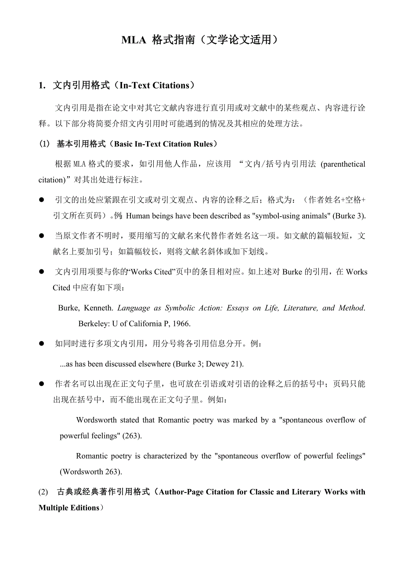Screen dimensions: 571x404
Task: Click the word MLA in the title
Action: (134, 40)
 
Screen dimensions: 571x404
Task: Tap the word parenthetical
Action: (343, 164)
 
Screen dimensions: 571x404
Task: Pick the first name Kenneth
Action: (100, 308)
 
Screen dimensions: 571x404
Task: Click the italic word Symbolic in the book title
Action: (181, 308)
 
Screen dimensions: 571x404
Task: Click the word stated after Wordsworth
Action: (130, 420)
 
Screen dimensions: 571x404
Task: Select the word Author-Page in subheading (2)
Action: (180, 492)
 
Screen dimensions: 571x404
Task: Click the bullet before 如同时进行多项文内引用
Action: (42, 344)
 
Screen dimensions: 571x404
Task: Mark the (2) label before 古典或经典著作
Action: (43, 492)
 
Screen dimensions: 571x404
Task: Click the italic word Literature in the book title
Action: (301, 308)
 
